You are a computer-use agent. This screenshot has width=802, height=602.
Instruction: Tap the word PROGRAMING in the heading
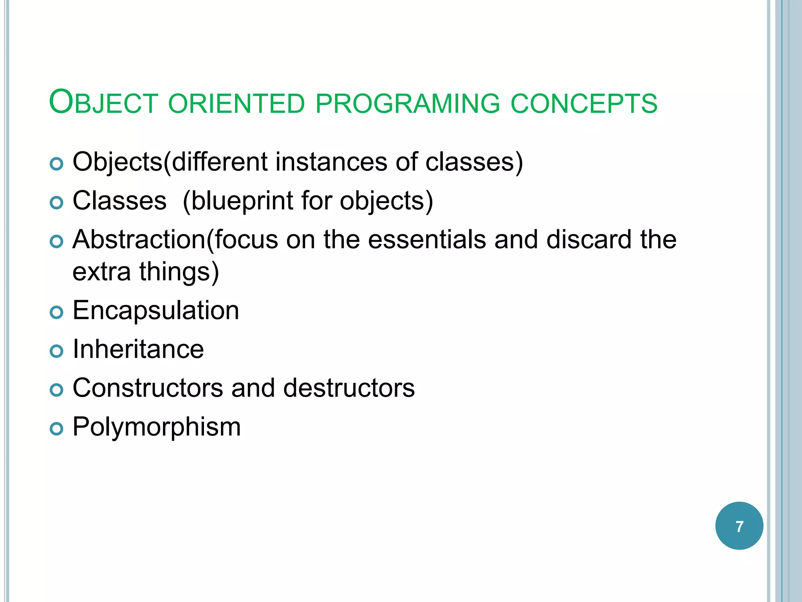pos(408,103)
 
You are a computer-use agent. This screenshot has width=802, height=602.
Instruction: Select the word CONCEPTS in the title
pos(584,103)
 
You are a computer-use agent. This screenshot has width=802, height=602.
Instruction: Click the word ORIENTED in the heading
pos(237,103)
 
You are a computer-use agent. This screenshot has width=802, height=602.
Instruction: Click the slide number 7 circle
pos(739,526)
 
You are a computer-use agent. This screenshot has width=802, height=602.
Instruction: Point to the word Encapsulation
pos(155,310)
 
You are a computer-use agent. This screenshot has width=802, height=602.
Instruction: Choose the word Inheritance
pos(138,349)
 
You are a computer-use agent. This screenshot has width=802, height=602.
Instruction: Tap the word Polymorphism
pos(157,427)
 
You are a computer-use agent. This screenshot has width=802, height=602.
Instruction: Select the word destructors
pos(349,388)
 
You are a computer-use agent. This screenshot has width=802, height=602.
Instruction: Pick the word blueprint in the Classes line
pos(242,201)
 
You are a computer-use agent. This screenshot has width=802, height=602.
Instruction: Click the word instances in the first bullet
pos(331,162)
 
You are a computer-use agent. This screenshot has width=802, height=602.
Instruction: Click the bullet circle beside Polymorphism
pos(57,429)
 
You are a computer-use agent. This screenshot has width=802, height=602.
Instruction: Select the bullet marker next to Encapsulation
pos(57,312)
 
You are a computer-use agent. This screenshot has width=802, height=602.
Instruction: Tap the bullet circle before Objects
pos(57,164)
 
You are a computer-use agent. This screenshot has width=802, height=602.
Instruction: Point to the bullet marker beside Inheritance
pos(57,351)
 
